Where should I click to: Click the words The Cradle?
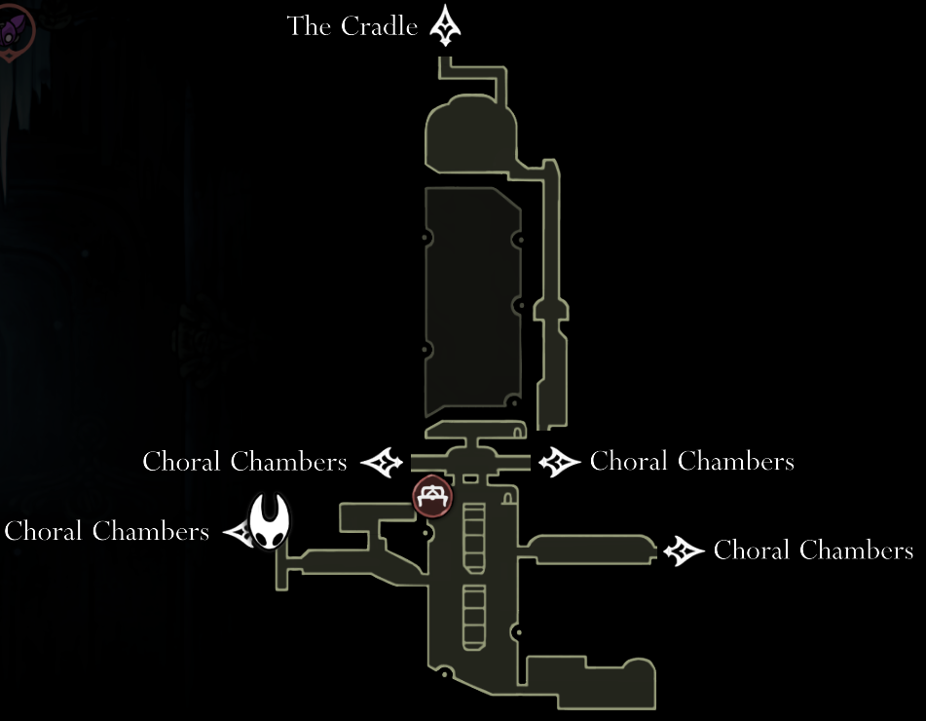click(352, 26)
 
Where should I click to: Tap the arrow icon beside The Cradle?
click(445, 25)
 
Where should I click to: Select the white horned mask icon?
click(270, 522)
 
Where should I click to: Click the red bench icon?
click(433, 497)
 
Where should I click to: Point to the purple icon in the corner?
click(15, 29)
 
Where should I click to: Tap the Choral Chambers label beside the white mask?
click(107, 531)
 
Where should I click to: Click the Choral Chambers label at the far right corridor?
click(814, 550)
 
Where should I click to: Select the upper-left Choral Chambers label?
click(244, 462)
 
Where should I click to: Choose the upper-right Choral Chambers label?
click(692, 461)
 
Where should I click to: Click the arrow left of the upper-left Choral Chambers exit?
click(382, 462)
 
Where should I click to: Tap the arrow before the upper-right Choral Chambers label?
click(559, 462)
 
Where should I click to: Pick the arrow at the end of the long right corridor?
click(684, 550)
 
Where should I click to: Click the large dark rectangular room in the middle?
click(473, 301)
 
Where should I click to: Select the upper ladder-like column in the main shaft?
click(473, 539)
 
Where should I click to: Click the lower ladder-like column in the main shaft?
click(473, 618)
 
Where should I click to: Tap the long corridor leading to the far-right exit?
click(587, 550)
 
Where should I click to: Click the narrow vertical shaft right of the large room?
click(551, 295)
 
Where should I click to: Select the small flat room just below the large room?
click(476, 430)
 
